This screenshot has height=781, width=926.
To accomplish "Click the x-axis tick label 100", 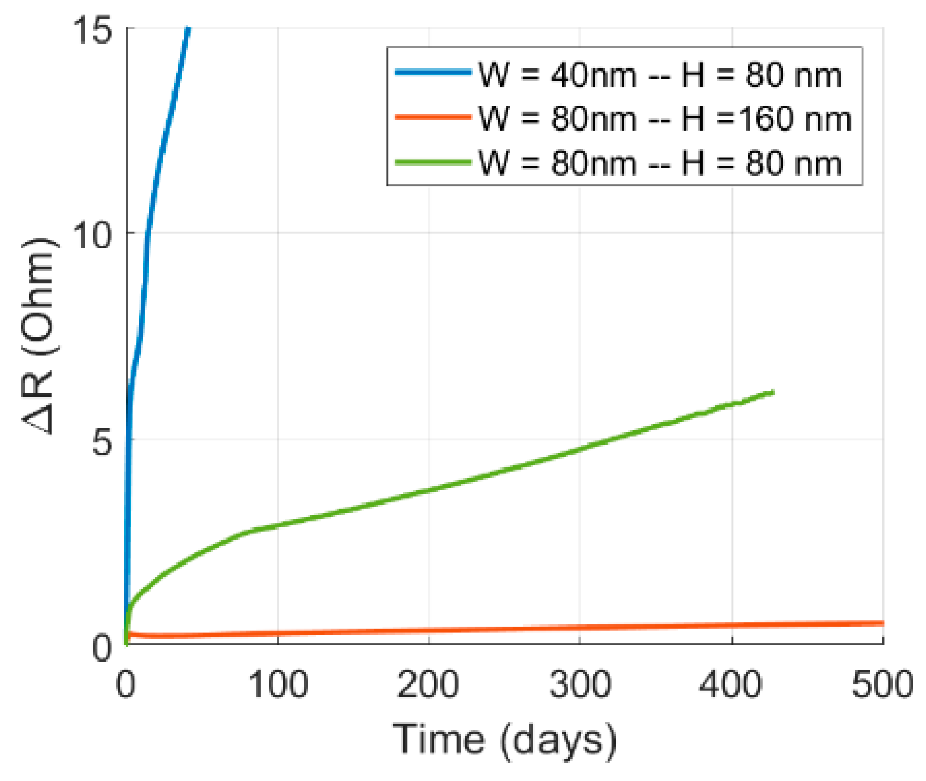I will [278, 684].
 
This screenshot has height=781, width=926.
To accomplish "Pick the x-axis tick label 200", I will [428, 684].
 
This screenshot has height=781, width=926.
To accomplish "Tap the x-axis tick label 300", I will [580, 684].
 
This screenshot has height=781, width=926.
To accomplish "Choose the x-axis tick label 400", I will [731, 684].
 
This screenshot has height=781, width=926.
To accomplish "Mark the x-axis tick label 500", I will [882, 684].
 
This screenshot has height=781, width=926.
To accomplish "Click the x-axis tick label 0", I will [126, 684].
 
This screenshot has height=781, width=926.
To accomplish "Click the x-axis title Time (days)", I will [505, 739].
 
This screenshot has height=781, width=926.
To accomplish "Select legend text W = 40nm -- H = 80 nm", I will [660, 75].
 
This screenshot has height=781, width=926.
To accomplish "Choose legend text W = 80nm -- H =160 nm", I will [664, 118].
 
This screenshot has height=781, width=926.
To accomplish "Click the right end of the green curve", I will [773, 392].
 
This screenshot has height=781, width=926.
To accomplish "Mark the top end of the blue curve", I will [188, 29].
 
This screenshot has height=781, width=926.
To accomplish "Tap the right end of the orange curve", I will [882, 623].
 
